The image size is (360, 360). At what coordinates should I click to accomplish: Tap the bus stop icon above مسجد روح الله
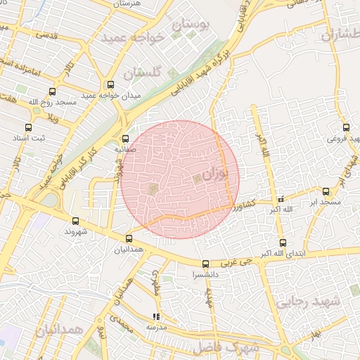tap(52, 92)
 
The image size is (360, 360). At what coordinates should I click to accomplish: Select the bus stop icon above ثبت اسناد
tap(28, 128)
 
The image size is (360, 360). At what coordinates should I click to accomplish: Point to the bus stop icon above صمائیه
tap(126, 139)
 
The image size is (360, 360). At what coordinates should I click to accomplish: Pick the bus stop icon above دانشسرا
tap(205, 265)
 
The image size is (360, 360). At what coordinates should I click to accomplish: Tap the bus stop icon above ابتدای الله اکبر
tap(282, 243)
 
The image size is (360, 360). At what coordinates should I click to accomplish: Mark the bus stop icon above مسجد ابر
tap(326, 191)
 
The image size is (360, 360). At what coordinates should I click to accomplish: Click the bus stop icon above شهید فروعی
tap(346, 128)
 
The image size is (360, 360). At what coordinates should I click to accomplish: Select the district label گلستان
tap(142, 72)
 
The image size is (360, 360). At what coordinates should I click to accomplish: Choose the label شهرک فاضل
tap(234, 347)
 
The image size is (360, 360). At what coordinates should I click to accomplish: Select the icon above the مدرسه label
tap(155, 316)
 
